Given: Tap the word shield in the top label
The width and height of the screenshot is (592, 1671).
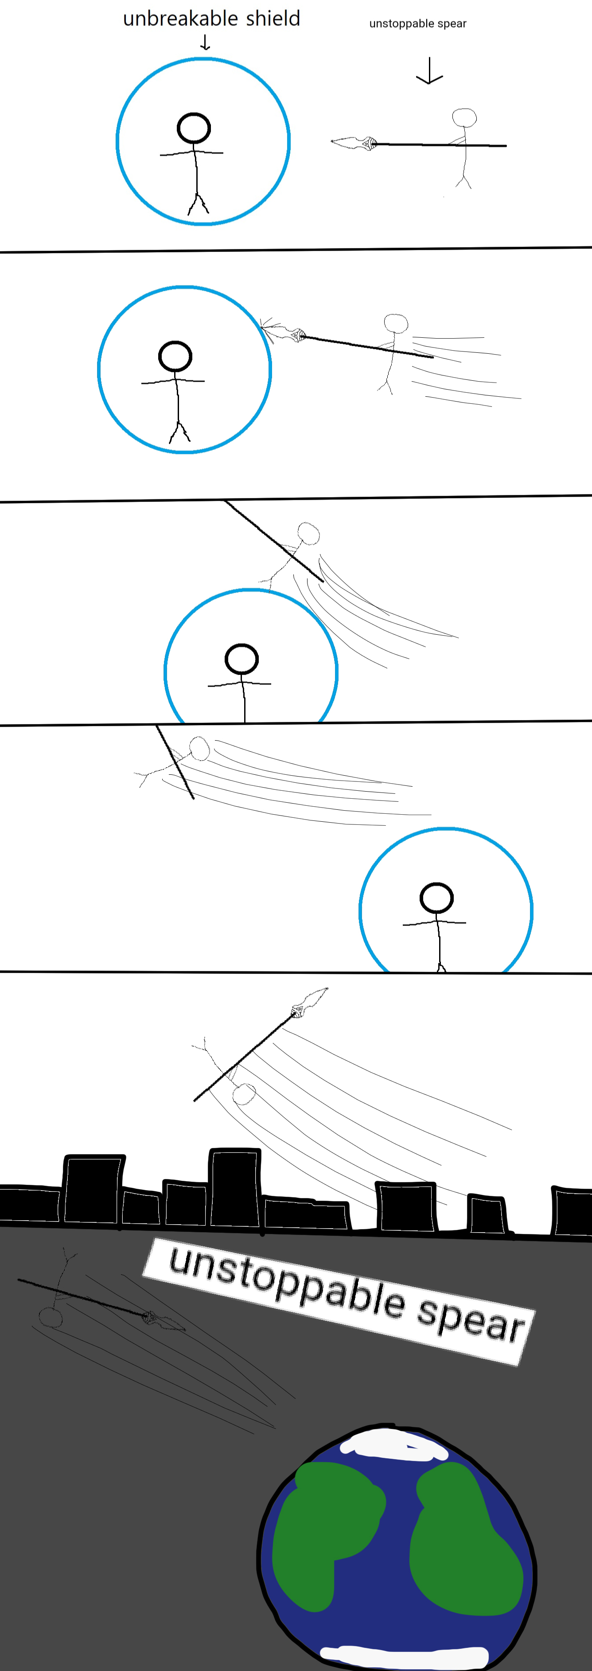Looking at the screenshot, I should pos(273,18).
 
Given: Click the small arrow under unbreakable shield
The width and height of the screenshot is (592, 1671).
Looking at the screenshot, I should pos(205,43).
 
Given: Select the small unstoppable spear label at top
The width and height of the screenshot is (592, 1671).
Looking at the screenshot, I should pos(417,24).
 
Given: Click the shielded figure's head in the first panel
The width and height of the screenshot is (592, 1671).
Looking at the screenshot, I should pos(194,128).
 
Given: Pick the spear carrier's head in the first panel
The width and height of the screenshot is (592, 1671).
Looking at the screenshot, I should pos(464,118).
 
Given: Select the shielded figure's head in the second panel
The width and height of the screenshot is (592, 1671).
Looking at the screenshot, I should pos(175,356).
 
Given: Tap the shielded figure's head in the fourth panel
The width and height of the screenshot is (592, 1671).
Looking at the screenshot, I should pos(436,898).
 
